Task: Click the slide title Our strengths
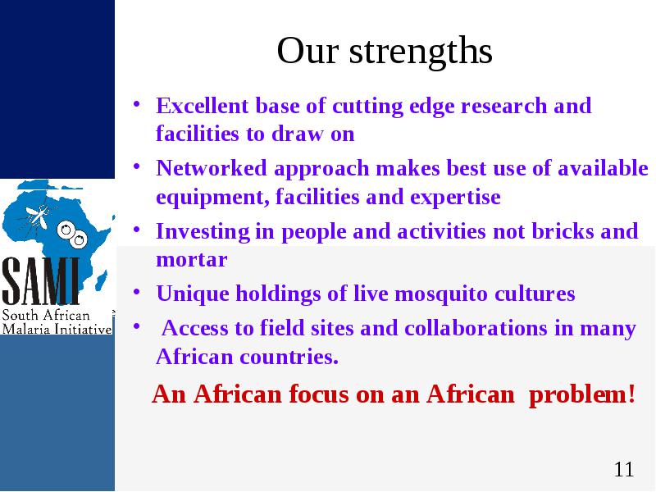pos(385,51)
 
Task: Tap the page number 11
pos(624,469)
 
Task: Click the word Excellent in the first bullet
pos(202,106)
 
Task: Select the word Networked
pos(212,168)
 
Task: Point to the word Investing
pos(203,232)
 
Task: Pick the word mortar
pos(192,260)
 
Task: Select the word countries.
pos(289,357)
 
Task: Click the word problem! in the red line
pos(582,394)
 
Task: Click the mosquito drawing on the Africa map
pos(39,215)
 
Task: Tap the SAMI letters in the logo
pos(40,280)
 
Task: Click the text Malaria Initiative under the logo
pos(57,329)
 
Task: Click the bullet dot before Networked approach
pos(136,166)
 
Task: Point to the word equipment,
pos(212,198)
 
